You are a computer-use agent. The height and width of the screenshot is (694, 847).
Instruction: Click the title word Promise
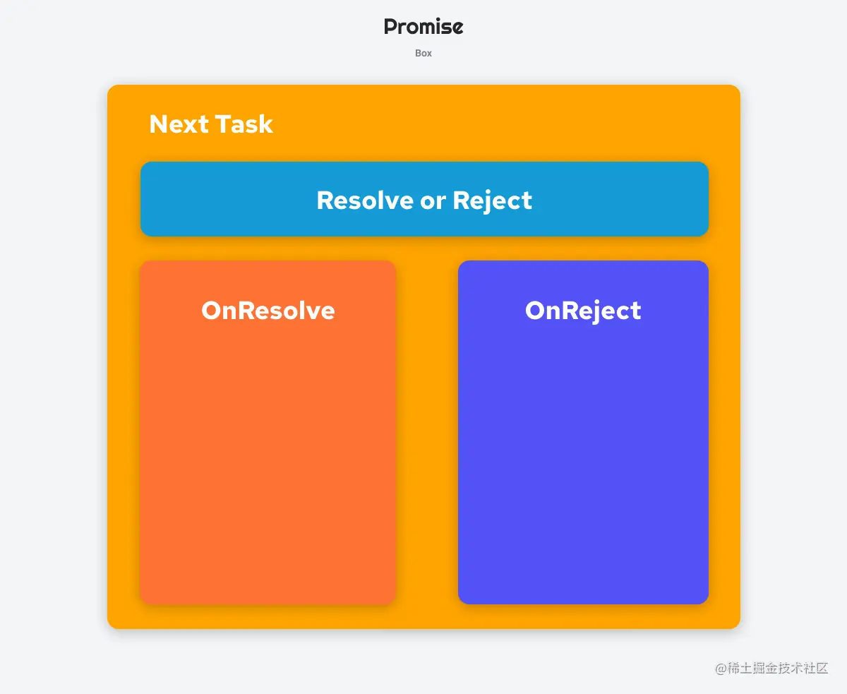pos(423,27)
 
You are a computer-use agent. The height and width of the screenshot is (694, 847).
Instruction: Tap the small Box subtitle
pos(423,53)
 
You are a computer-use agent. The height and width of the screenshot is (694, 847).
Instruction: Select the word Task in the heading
pos(244,124)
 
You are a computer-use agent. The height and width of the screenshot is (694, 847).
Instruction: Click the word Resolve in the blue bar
pos(365,200)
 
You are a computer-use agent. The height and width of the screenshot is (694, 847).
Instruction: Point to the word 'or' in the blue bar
pos(433,202)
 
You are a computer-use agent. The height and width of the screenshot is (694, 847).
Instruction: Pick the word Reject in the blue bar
pos(493,201)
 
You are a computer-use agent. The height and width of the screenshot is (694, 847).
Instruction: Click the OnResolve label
pos(268,311)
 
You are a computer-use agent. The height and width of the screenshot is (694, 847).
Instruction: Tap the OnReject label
pos(583,311)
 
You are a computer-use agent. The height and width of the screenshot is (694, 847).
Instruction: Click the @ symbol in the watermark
pos(721,669)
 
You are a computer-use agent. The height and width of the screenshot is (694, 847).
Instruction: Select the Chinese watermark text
pos(778,668)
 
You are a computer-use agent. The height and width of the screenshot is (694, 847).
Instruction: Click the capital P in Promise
pos(391,27)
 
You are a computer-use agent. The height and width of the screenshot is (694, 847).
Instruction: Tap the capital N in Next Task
pos(158,124)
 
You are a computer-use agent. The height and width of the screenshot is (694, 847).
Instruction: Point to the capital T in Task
pos(224,124)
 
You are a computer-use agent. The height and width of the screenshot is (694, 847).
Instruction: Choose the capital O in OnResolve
pos(212,311)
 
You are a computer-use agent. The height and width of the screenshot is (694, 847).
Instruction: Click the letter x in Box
pos(429,54)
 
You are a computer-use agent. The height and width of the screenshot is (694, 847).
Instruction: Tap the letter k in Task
pos(266,124)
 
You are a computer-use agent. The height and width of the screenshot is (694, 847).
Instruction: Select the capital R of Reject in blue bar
pos(462,200)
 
